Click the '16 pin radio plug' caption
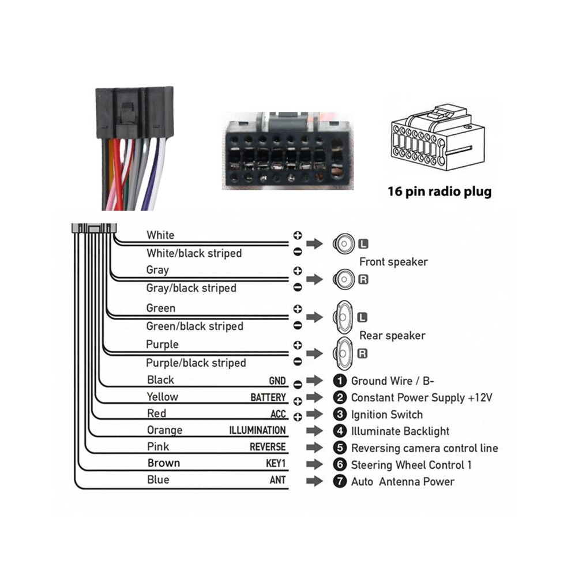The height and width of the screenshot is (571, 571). pyautogui.click(x=439, y=191)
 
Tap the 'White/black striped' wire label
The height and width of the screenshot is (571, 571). pyautogui.click(x=194, y=253)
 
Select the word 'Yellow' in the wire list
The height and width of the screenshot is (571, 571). pyautogui.click(x=163, y=397)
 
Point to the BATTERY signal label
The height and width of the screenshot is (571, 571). pyautogui.click(x=268, y=397)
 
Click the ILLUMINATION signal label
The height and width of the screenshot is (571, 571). pyautogui.click(x=257, y=430)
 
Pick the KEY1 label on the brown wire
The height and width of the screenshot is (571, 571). pyautogui.click(x=276, y=464)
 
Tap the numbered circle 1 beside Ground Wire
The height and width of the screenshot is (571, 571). pyautogui.click(x=340, y=381)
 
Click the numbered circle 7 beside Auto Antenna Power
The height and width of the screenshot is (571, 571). pyautogui.click(x=340, y=482)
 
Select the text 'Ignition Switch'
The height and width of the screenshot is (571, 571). pyautogui.click(x=387, y=415)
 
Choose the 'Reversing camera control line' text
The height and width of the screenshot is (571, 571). pyautogui.click(x=425, y=448)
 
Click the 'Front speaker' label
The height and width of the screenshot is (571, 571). pyautogui.click(x=393, y=262)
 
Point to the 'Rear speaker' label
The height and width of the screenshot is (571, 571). pyautogui.click(x=392, y=335)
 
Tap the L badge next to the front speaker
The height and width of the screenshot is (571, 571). pyautogui.click(x=363, y=243)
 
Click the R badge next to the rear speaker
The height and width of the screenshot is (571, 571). pyautogui.click(x=362, y=353)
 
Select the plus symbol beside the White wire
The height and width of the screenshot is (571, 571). pyautogui.click(x=298, y=235)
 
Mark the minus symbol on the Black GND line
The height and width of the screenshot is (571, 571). pyautogui.click(x=298, y=384)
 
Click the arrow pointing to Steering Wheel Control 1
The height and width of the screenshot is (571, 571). pyautogui.click(x=315, y=464)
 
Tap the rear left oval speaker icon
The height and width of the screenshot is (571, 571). pyautogui.click(x=343, y=317)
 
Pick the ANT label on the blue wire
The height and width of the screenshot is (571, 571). pyautogui.click(x=277, y=480)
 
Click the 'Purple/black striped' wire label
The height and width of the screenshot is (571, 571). pyautogui.click(x=196, y=363)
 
